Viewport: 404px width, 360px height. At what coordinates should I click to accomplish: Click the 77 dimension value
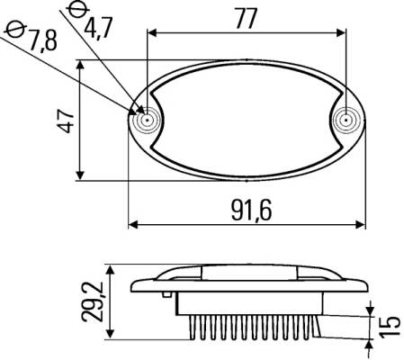tap(246, 18)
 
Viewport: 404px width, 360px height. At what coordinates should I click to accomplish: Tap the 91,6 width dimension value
tap(252, 210)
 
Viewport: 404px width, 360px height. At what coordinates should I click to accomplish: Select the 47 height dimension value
tap(66, 121)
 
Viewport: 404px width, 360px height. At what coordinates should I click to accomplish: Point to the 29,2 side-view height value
tap(93, 301)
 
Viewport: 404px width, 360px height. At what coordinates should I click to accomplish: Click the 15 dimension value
tap(390, 327)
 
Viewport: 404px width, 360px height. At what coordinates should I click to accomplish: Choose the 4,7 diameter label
tap(98, 28)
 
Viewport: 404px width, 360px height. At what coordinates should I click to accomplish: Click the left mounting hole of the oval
tap(147, 121)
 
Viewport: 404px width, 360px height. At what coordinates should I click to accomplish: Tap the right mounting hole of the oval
tap(346, 121)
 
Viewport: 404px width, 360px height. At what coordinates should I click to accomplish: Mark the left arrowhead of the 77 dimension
tap(152, 32)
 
